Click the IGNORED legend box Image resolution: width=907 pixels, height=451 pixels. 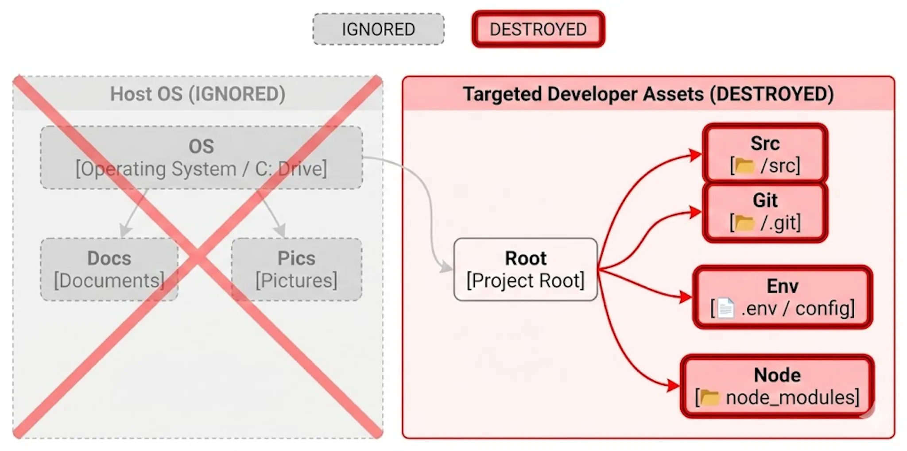point(378,29)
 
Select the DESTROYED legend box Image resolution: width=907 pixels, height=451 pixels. point(538,29)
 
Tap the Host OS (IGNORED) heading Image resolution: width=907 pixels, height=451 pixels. point(198,94)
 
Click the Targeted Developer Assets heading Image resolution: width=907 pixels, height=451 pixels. point(648,94)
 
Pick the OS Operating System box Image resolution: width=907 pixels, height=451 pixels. point(201,158)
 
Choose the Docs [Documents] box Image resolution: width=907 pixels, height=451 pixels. point(109,270)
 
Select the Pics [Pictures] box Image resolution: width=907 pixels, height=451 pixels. point(296,270)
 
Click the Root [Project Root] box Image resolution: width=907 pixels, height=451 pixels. point(525,270)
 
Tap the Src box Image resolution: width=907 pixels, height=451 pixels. point(765,154)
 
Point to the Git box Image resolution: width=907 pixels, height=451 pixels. point(765,212)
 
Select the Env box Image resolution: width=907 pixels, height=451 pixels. point(782,297)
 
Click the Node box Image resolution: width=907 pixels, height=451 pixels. point(777,386)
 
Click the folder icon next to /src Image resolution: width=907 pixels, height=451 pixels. point(745,166)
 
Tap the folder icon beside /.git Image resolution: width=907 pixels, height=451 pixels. point(744,223)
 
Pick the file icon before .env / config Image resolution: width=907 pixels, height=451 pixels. point(726,308)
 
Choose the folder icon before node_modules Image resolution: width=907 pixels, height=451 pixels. point(710,397)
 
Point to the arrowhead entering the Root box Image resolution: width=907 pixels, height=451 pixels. point(447,267)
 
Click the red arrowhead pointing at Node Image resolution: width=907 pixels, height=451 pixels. point(674,386)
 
